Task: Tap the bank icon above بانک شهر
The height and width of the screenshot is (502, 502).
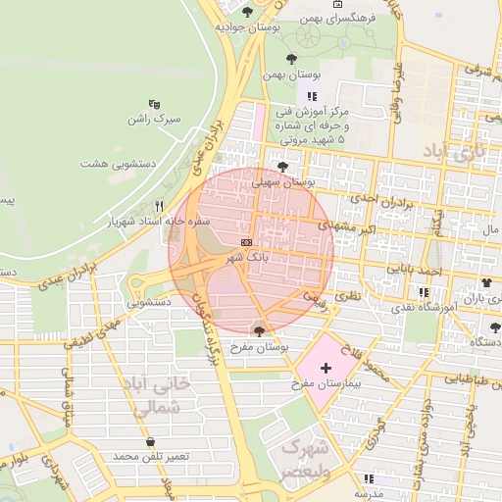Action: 245,241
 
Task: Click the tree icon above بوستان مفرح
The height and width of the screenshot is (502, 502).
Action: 259,329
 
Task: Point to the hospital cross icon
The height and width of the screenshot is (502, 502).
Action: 326,366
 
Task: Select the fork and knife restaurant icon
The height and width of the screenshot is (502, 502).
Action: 159,207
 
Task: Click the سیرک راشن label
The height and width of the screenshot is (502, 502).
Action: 154,120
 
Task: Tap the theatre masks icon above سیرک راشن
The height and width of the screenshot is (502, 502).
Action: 154,104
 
